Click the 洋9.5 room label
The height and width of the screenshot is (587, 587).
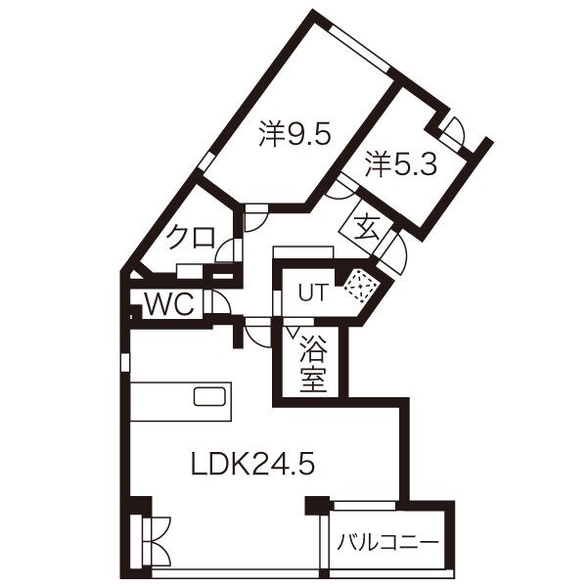click(295, 134)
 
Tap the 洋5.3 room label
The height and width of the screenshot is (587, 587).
click(401, 163)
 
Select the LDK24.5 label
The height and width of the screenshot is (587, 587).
click(252, 463)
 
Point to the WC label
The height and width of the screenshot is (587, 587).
click(169, 304)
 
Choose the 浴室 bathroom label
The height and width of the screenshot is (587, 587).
click(313, 363)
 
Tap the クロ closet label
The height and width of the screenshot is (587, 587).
click(191, 238)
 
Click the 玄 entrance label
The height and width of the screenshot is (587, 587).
click(367, 228)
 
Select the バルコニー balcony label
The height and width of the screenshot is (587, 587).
click(387, 542)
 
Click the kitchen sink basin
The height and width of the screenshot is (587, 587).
click(209, 397)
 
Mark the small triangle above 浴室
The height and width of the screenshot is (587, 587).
click(293, 331)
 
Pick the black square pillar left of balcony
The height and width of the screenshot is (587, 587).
click(317, 506)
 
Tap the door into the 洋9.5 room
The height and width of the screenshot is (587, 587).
click(255, 219)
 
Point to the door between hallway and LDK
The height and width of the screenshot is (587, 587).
click(256, 334)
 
